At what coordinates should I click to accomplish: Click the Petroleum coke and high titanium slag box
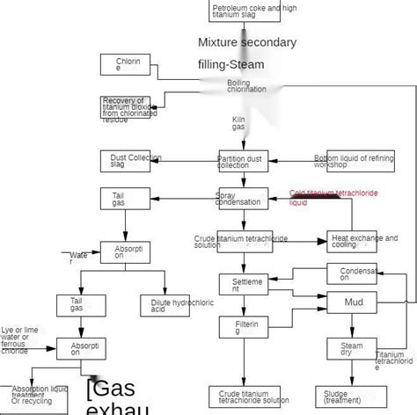(x=247, y=11)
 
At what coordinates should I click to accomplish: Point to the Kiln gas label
(x=238, y=123)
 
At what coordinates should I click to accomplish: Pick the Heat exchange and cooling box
(x=353, y=240)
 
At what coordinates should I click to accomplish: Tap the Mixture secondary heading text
(x=246, y=42)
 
